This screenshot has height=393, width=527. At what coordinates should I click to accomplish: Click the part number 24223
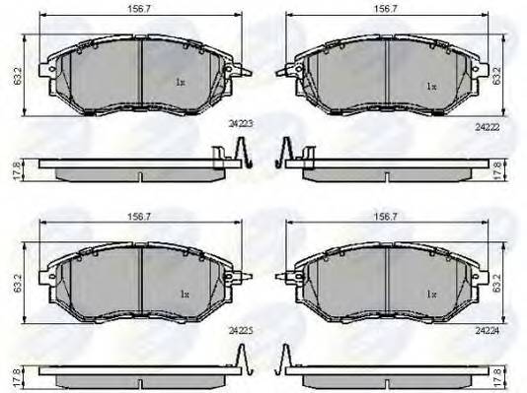[x=241, y=124]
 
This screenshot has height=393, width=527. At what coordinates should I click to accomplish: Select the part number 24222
[x=488, y=127]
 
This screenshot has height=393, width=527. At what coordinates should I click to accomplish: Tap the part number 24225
[x=241, y=331]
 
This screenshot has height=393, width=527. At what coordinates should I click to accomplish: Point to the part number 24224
[x=488, y=331]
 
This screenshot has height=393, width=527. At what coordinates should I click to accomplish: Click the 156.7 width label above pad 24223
[x=139, y=9]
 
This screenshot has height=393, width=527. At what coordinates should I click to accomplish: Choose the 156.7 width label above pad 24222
[x=386, y=9]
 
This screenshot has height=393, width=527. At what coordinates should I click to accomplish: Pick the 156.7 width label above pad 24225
[x=139, y=217]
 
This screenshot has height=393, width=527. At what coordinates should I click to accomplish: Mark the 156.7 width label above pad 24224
[x=386, y=217]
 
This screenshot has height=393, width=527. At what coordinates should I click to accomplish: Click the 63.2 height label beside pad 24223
[x=18, y=76]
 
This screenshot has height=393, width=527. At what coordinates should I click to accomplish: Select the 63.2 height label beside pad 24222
[x=496, y=76]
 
